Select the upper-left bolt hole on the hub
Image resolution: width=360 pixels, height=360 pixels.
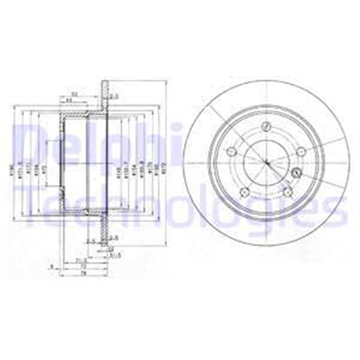click(231, 152)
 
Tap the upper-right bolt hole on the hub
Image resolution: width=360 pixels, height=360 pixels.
click(300, 150)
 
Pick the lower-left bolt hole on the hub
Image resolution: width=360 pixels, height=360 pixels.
click(244, 193)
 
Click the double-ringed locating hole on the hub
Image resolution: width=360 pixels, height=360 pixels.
click(296, 171)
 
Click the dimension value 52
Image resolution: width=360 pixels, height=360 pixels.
click(74, 94)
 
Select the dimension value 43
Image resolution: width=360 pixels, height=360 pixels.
click(69, 100)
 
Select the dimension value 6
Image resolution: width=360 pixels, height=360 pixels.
click(51, 267)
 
